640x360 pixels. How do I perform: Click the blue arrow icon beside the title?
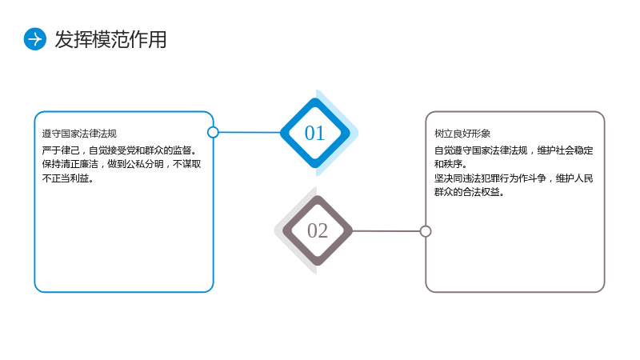click(x=34, y=39)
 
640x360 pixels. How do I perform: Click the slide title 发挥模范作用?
click(x=110, y=39)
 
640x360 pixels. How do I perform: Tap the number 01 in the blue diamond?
click(x=314, y=133)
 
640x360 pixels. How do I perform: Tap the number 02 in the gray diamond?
click(x=318, y=230)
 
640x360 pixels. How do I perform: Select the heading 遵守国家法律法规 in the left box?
click(x=79, y=134)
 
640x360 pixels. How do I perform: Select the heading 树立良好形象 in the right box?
click(x=462, y=134)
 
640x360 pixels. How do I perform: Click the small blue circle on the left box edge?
click(x=213, y=132)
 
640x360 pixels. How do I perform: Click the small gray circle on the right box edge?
click(x=426, y=231)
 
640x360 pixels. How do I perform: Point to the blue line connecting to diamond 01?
click(x=250, y=132)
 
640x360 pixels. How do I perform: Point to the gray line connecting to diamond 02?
click(x=386, y=231)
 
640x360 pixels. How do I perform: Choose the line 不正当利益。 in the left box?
click(x=68, y=178)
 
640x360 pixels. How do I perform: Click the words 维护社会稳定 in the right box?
click(x=565, y=150)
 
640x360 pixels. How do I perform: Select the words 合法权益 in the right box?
click(x=481, y=192)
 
